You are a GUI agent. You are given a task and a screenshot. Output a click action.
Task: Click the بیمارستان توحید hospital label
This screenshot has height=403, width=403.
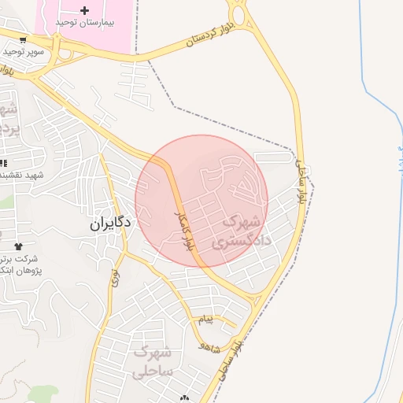point(87,23)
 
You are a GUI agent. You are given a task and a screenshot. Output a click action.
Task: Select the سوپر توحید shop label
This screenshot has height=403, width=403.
point(23,52)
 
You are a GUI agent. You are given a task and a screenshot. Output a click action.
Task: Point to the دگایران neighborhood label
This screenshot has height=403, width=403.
point(109,224)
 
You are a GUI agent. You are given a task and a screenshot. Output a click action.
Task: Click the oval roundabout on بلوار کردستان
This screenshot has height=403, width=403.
point(237,13)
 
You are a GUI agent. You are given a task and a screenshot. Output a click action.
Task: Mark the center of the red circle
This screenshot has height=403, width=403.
point(201,201)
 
